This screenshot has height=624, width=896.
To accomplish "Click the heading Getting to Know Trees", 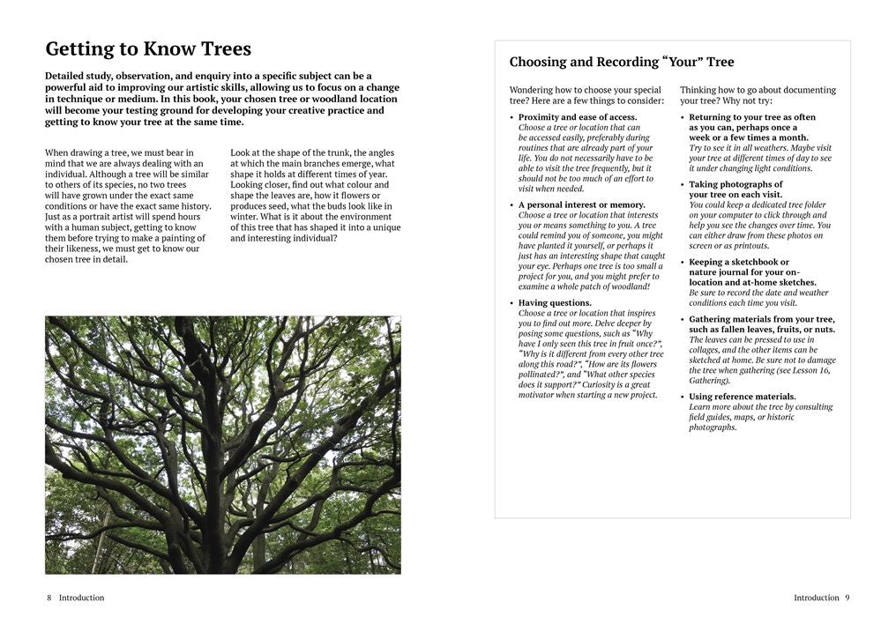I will (148, 49).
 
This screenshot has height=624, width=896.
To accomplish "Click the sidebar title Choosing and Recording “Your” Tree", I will (622, 63).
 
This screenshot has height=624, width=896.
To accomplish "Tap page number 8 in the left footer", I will (49, 598).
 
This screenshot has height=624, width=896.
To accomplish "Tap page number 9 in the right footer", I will (847, 598).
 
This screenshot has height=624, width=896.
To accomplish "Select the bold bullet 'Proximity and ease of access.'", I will (578, 117).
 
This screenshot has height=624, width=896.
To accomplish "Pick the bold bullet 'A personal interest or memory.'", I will (581, 205).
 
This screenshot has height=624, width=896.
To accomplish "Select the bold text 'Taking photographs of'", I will (735, 184).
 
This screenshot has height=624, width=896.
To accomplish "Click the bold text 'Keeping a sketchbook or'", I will (739, 262).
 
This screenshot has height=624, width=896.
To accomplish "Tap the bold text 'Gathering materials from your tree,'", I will (762, 319).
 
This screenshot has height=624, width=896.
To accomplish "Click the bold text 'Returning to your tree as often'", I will (752, 117).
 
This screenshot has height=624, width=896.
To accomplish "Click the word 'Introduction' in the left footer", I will (81, 598).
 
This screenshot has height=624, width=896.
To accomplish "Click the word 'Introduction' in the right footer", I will (816, 598).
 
